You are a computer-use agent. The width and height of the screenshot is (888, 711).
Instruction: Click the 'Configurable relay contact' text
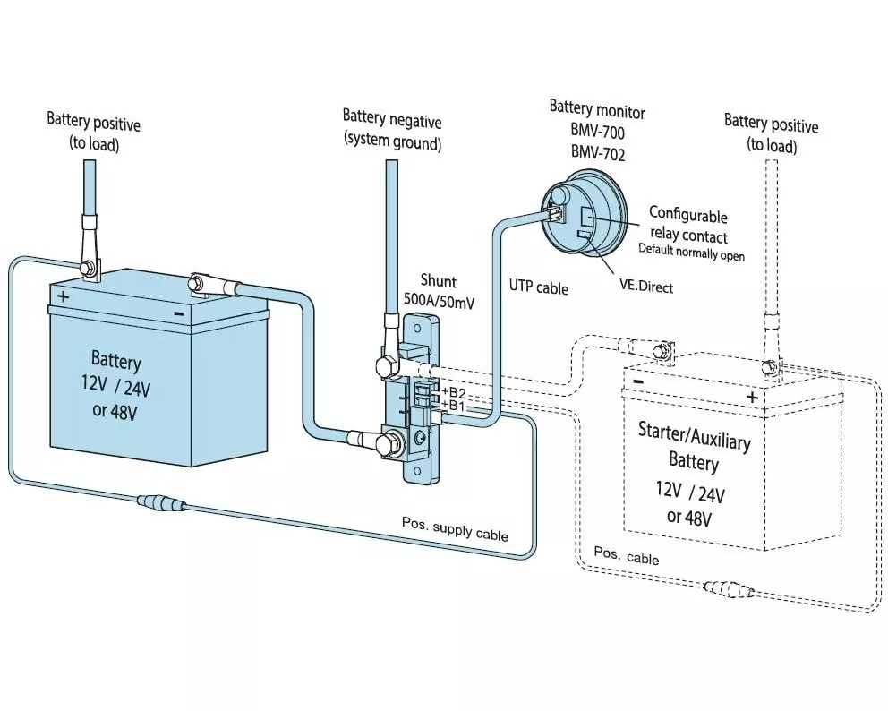(687, 225)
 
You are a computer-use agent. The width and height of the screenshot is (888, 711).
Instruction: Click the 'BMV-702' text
(600, 154)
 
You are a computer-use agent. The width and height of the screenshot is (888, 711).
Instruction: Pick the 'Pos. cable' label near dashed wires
(628, 558)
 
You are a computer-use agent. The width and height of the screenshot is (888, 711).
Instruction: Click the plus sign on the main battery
(64, 296)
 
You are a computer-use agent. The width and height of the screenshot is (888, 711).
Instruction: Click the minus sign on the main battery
(179, 313)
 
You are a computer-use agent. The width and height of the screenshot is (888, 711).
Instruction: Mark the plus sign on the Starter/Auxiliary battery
(752, 396)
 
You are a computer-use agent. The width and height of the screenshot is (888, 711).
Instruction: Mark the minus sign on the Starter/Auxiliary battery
(638, 381)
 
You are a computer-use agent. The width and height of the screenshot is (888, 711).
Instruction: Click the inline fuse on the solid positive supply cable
(161, 504)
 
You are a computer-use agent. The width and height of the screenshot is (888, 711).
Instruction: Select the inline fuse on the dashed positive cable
(730, 589)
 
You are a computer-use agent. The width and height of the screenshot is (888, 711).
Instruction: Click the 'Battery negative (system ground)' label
(392, 129)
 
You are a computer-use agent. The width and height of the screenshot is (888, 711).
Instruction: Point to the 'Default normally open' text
(690, 253)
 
